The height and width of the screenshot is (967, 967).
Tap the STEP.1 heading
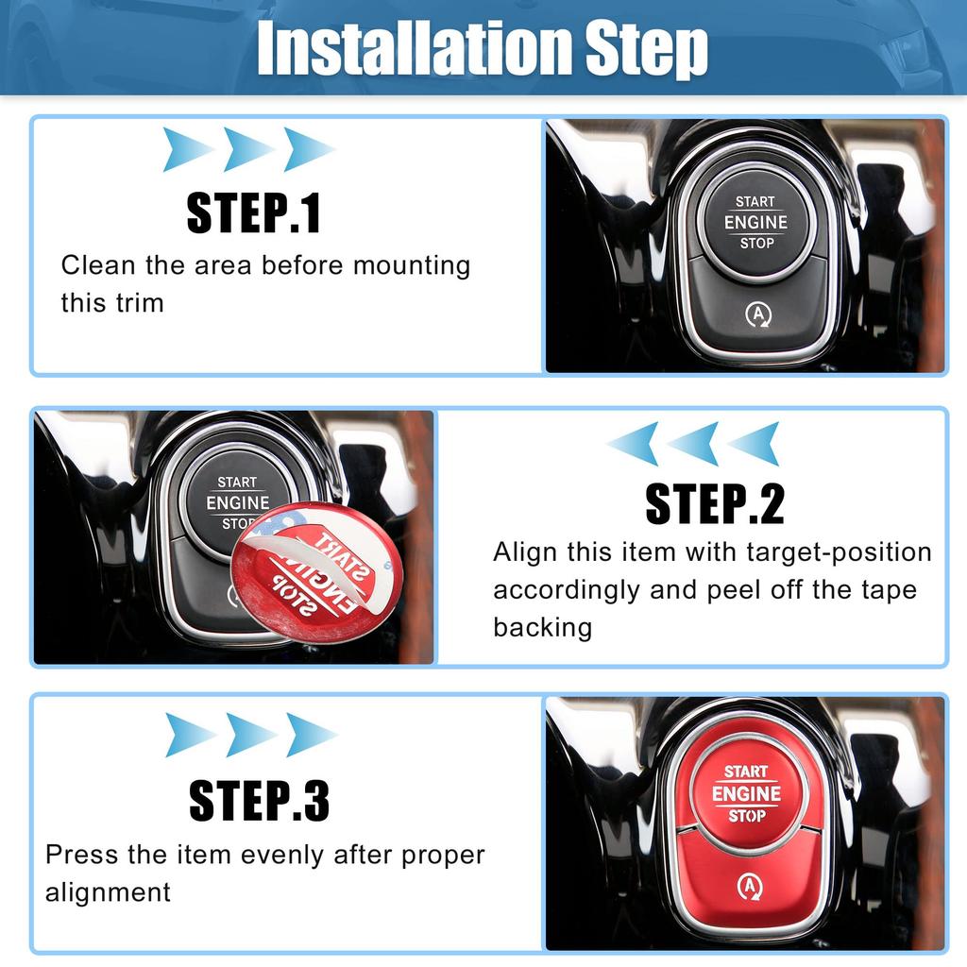click(253, 213)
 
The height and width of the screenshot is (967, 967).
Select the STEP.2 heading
click(714, 504)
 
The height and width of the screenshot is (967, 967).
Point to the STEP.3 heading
click(259, 801)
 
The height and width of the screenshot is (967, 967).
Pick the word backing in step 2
click(542, 628)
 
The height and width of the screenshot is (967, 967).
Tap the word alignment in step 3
click(108, 892)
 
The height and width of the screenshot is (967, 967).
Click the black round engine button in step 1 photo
click(755, 223)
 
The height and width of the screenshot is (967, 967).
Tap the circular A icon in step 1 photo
click(755, 314)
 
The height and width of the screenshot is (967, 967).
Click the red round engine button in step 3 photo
click(746, 792)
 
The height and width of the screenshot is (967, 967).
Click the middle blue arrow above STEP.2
click(694, 443)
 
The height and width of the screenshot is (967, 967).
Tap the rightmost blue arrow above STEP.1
click(309, 149)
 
